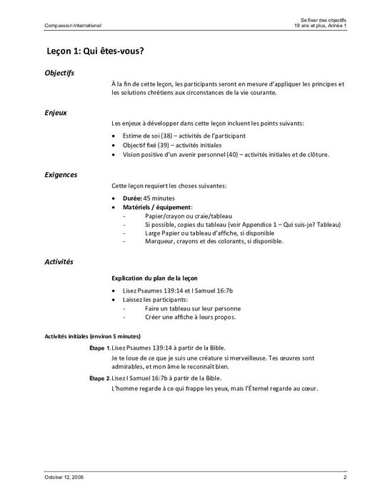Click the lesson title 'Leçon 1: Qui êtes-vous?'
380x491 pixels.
point(97,51)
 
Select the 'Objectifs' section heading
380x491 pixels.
point(59,73)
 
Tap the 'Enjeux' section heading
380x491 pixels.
point(56,113)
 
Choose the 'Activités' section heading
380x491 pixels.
point(59,263)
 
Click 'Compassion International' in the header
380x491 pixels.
point(63,26)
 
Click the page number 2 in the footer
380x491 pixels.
point(344,475)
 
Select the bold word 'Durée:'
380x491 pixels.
point(133,196)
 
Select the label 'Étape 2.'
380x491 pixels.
point(99,378)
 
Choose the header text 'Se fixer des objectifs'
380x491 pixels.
point(321,19)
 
